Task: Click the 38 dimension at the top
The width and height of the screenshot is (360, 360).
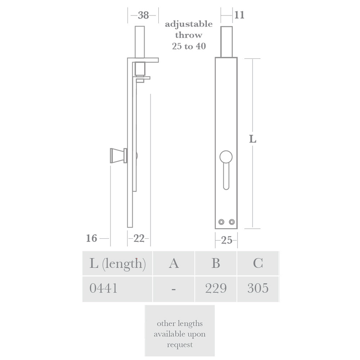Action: click(x=143, y=15)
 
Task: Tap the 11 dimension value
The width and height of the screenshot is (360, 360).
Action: click(x=239, y=15)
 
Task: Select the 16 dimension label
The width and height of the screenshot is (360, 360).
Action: click(x=92, y=238)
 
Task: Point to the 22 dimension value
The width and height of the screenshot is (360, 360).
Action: click(x=139, y=238)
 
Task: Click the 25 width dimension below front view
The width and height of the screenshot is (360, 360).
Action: click(x=226, y=240)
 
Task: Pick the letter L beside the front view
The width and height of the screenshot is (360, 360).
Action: click(x=253, y=139)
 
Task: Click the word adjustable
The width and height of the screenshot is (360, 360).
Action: click(x=189, y=24)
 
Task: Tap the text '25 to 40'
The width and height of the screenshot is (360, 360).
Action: click(x=189, y=46)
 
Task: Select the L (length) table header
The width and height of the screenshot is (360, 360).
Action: click(x=117, y=264)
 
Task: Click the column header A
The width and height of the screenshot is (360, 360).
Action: click(x=174, y=264)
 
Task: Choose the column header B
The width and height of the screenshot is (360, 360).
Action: click(x=216, y=264)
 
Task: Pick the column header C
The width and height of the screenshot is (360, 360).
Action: click(x=258, y=264)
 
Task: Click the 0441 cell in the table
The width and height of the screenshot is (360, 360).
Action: click(x=103, y=288)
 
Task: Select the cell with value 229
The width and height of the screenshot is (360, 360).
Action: click(x=216, y=288)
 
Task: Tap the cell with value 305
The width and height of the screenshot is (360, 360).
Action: click(x=258, y=288)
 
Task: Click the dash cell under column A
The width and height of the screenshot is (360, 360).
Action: click(x=174, y=289)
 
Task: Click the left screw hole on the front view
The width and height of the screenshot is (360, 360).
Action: click(x=222, y=222)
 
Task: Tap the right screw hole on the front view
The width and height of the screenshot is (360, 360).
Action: click(x=231, y=222)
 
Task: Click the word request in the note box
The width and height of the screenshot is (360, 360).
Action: click(x=180, y=345)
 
